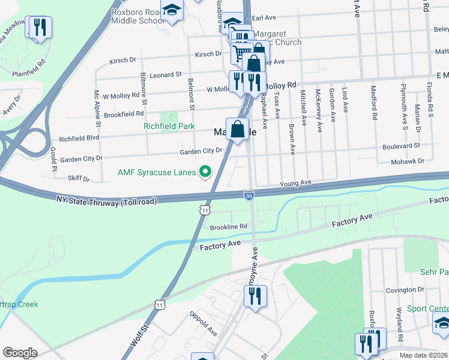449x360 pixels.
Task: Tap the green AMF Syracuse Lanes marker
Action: coord(205,172)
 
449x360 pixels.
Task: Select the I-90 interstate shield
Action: coord(249,195)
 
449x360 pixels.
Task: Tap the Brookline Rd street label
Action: coord(229,227)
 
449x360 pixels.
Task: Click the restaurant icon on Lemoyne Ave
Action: coord(255,296)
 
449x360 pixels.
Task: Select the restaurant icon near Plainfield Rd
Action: coord(40,28)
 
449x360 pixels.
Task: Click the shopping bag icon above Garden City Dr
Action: coord(238,128)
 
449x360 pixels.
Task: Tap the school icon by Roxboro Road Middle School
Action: coord(172,10)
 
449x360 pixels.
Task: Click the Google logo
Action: coord(20,352)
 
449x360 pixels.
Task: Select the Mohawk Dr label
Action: coord(412,161)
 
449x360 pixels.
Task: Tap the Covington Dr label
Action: coord(405,289)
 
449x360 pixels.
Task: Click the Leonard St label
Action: coord(166,75)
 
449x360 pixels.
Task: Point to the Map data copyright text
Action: coord(423,355)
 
